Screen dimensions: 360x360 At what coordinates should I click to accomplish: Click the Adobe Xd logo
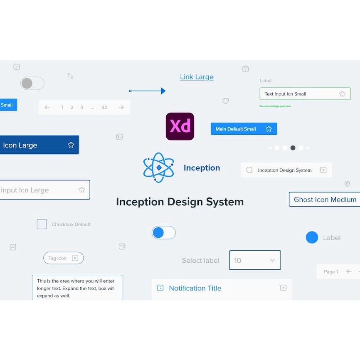[180, 126]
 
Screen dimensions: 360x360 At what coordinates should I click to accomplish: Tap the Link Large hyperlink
[197, 77]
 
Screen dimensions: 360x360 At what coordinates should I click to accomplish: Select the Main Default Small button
[244, 129]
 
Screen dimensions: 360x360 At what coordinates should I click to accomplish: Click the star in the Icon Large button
[71, 145]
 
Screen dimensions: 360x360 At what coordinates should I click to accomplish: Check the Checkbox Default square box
[42, 224]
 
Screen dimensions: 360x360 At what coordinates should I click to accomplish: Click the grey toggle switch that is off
[32, 83]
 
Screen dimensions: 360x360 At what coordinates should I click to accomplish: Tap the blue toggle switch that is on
[163, 233]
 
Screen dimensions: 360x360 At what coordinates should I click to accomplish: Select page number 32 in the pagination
[104, 107]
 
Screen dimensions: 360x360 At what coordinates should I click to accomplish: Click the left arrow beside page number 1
[47, 107]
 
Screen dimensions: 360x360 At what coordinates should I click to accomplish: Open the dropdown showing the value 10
[255, 260]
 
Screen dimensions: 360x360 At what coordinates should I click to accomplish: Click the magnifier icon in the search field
[249, 170]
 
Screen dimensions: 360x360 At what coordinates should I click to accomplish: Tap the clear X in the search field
[323, 170]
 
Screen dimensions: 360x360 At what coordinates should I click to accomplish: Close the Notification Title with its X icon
[283, 288]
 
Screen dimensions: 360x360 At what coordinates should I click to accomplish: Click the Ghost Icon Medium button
[325, 200]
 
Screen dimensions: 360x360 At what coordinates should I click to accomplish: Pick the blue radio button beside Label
[312, 237]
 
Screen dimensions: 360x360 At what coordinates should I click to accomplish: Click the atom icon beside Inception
[158, 168]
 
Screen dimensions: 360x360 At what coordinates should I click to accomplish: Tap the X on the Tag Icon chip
[75, 258]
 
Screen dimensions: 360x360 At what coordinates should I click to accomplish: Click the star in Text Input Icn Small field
[342, 94]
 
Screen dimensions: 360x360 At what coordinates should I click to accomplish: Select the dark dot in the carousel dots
[293, 148]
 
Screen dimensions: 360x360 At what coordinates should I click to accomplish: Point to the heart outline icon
[226, 101]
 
